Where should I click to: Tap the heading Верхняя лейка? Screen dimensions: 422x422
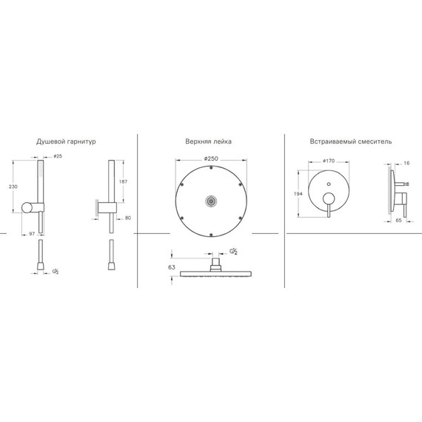pos(211,141)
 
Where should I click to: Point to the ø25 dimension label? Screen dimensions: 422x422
pos(57,156)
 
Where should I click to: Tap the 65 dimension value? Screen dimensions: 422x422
pos(398,221)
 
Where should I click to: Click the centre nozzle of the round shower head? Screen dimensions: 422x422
pos(211,200)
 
